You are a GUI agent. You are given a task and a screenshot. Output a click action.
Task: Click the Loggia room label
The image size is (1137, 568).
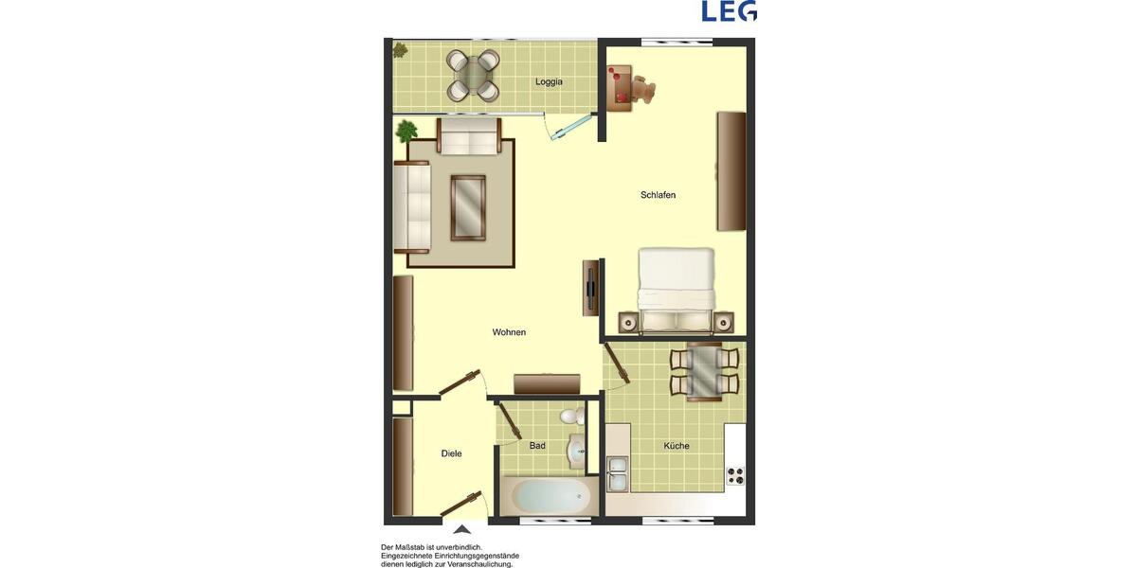click(549, 81)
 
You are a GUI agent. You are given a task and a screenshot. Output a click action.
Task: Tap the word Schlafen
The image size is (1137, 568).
click(658, 195)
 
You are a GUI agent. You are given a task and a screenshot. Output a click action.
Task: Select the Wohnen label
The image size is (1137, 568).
click(509, 332)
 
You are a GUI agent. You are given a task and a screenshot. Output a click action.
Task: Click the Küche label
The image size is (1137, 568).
click(677, 446)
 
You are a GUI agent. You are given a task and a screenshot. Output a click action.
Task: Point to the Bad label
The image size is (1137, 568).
click(537, 446)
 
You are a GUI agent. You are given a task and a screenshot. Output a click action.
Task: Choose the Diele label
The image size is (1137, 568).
click(452, 453)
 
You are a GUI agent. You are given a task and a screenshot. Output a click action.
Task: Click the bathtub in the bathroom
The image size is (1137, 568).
click(547, 495)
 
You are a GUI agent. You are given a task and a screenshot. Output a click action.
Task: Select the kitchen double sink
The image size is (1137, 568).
click(617, 473)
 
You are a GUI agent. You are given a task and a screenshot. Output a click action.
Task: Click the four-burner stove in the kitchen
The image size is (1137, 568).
click(735, 475)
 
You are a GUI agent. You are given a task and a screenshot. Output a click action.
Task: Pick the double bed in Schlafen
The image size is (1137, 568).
click(676, 289)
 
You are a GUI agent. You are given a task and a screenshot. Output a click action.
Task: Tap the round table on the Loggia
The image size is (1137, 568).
click(474, 75)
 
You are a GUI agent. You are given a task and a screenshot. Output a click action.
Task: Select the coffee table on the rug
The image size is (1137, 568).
click(468, 207)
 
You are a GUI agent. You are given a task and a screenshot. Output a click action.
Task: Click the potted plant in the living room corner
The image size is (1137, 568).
click(406, 130)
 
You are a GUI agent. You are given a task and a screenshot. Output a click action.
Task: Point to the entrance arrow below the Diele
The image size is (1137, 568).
click(462, 530)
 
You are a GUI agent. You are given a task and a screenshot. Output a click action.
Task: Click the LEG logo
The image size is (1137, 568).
click(729, 11)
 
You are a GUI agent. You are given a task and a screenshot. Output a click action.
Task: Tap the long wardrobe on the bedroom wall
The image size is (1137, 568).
click(731, 170)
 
